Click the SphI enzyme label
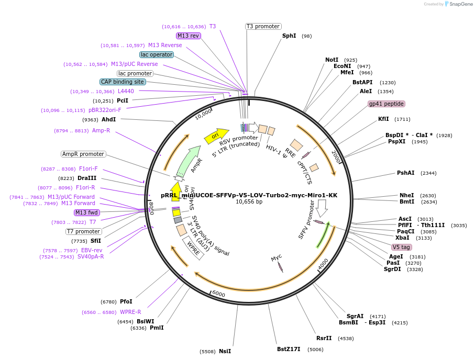[x=289, y=36]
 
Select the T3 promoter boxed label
[x=263, y=27]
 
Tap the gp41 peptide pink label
[x=386, y=104]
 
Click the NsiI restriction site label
[x=225, y=351]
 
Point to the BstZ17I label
[x=289, y=349]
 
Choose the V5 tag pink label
[x=402, y=247]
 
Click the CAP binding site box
[x=123, y=82]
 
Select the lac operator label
[x=157, y=54]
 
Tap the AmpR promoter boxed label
[x=83, y=154]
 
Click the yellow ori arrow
[x=216, y=136]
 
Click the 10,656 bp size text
[x=249, y=202]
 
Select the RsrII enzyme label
[x=324, y=338]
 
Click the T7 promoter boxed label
[x=84, y=231]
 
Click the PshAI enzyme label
[x=405, y=173]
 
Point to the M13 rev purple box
[x=188, y=36]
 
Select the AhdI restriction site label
[x=108, y=119]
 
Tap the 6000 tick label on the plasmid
[x=218, y=295]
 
